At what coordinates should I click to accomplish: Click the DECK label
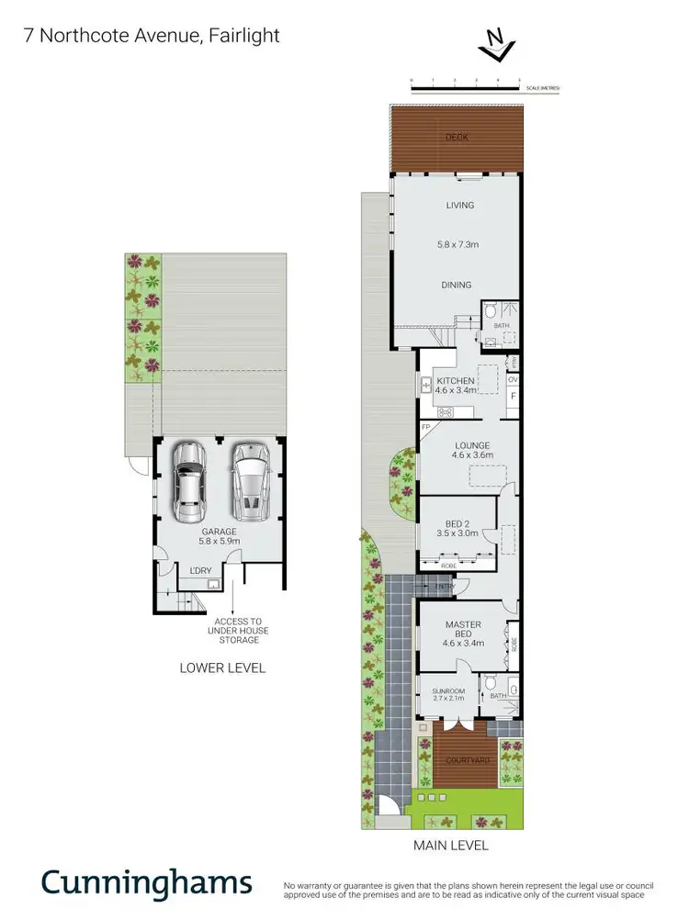(457, 138)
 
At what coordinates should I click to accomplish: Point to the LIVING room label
(459, 206)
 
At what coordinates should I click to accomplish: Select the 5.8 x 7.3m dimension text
(459, 245)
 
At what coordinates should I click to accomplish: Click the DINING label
(457, 286)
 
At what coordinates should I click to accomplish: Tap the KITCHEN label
(456, 381)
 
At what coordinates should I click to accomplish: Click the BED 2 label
(457, 524)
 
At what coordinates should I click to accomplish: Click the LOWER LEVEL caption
(222, 668)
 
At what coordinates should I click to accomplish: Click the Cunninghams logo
(146, 882)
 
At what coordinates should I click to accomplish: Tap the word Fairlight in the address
(245, 36)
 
